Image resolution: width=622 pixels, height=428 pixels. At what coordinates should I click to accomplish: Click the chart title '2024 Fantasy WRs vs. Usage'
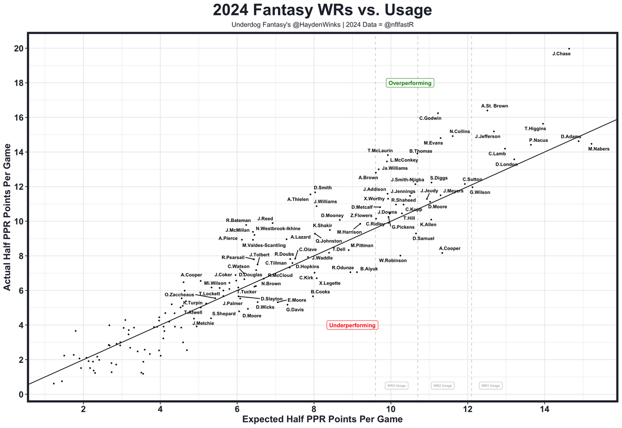click(322, 10)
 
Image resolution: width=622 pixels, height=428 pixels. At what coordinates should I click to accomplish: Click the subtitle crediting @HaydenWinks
click(322, 24)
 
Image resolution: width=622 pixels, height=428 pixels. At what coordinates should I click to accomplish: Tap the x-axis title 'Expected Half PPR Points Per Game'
click(322, 419)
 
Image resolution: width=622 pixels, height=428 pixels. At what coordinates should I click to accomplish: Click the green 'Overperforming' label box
click(409, 83)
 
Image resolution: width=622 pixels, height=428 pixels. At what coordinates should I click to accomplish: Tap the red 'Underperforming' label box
click(352, 325)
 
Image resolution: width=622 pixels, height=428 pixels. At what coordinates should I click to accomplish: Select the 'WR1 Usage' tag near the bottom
click(490, 386)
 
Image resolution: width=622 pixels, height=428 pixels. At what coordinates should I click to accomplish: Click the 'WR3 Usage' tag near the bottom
click(396, 386)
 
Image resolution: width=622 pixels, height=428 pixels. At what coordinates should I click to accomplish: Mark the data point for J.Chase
click(569, 49)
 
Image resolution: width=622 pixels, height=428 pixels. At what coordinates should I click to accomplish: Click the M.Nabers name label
click(598, 149)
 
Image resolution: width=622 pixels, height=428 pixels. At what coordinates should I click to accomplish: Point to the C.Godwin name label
click(430, 118)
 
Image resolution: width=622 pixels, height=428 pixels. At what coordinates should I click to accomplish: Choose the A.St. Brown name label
click(495, 106)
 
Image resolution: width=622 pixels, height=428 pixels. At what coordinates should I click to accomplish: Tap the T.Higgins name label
click(535, 129)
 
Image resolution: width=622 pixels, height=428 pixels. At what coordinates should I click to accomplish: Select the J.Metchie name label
click(203, 324)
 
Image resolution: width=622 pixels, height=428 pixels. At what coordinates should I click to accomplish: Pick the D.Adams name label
click(570, 137)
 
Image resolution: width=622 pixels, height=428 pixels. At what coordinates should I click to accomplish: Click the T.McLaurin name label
click(380, 151)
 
